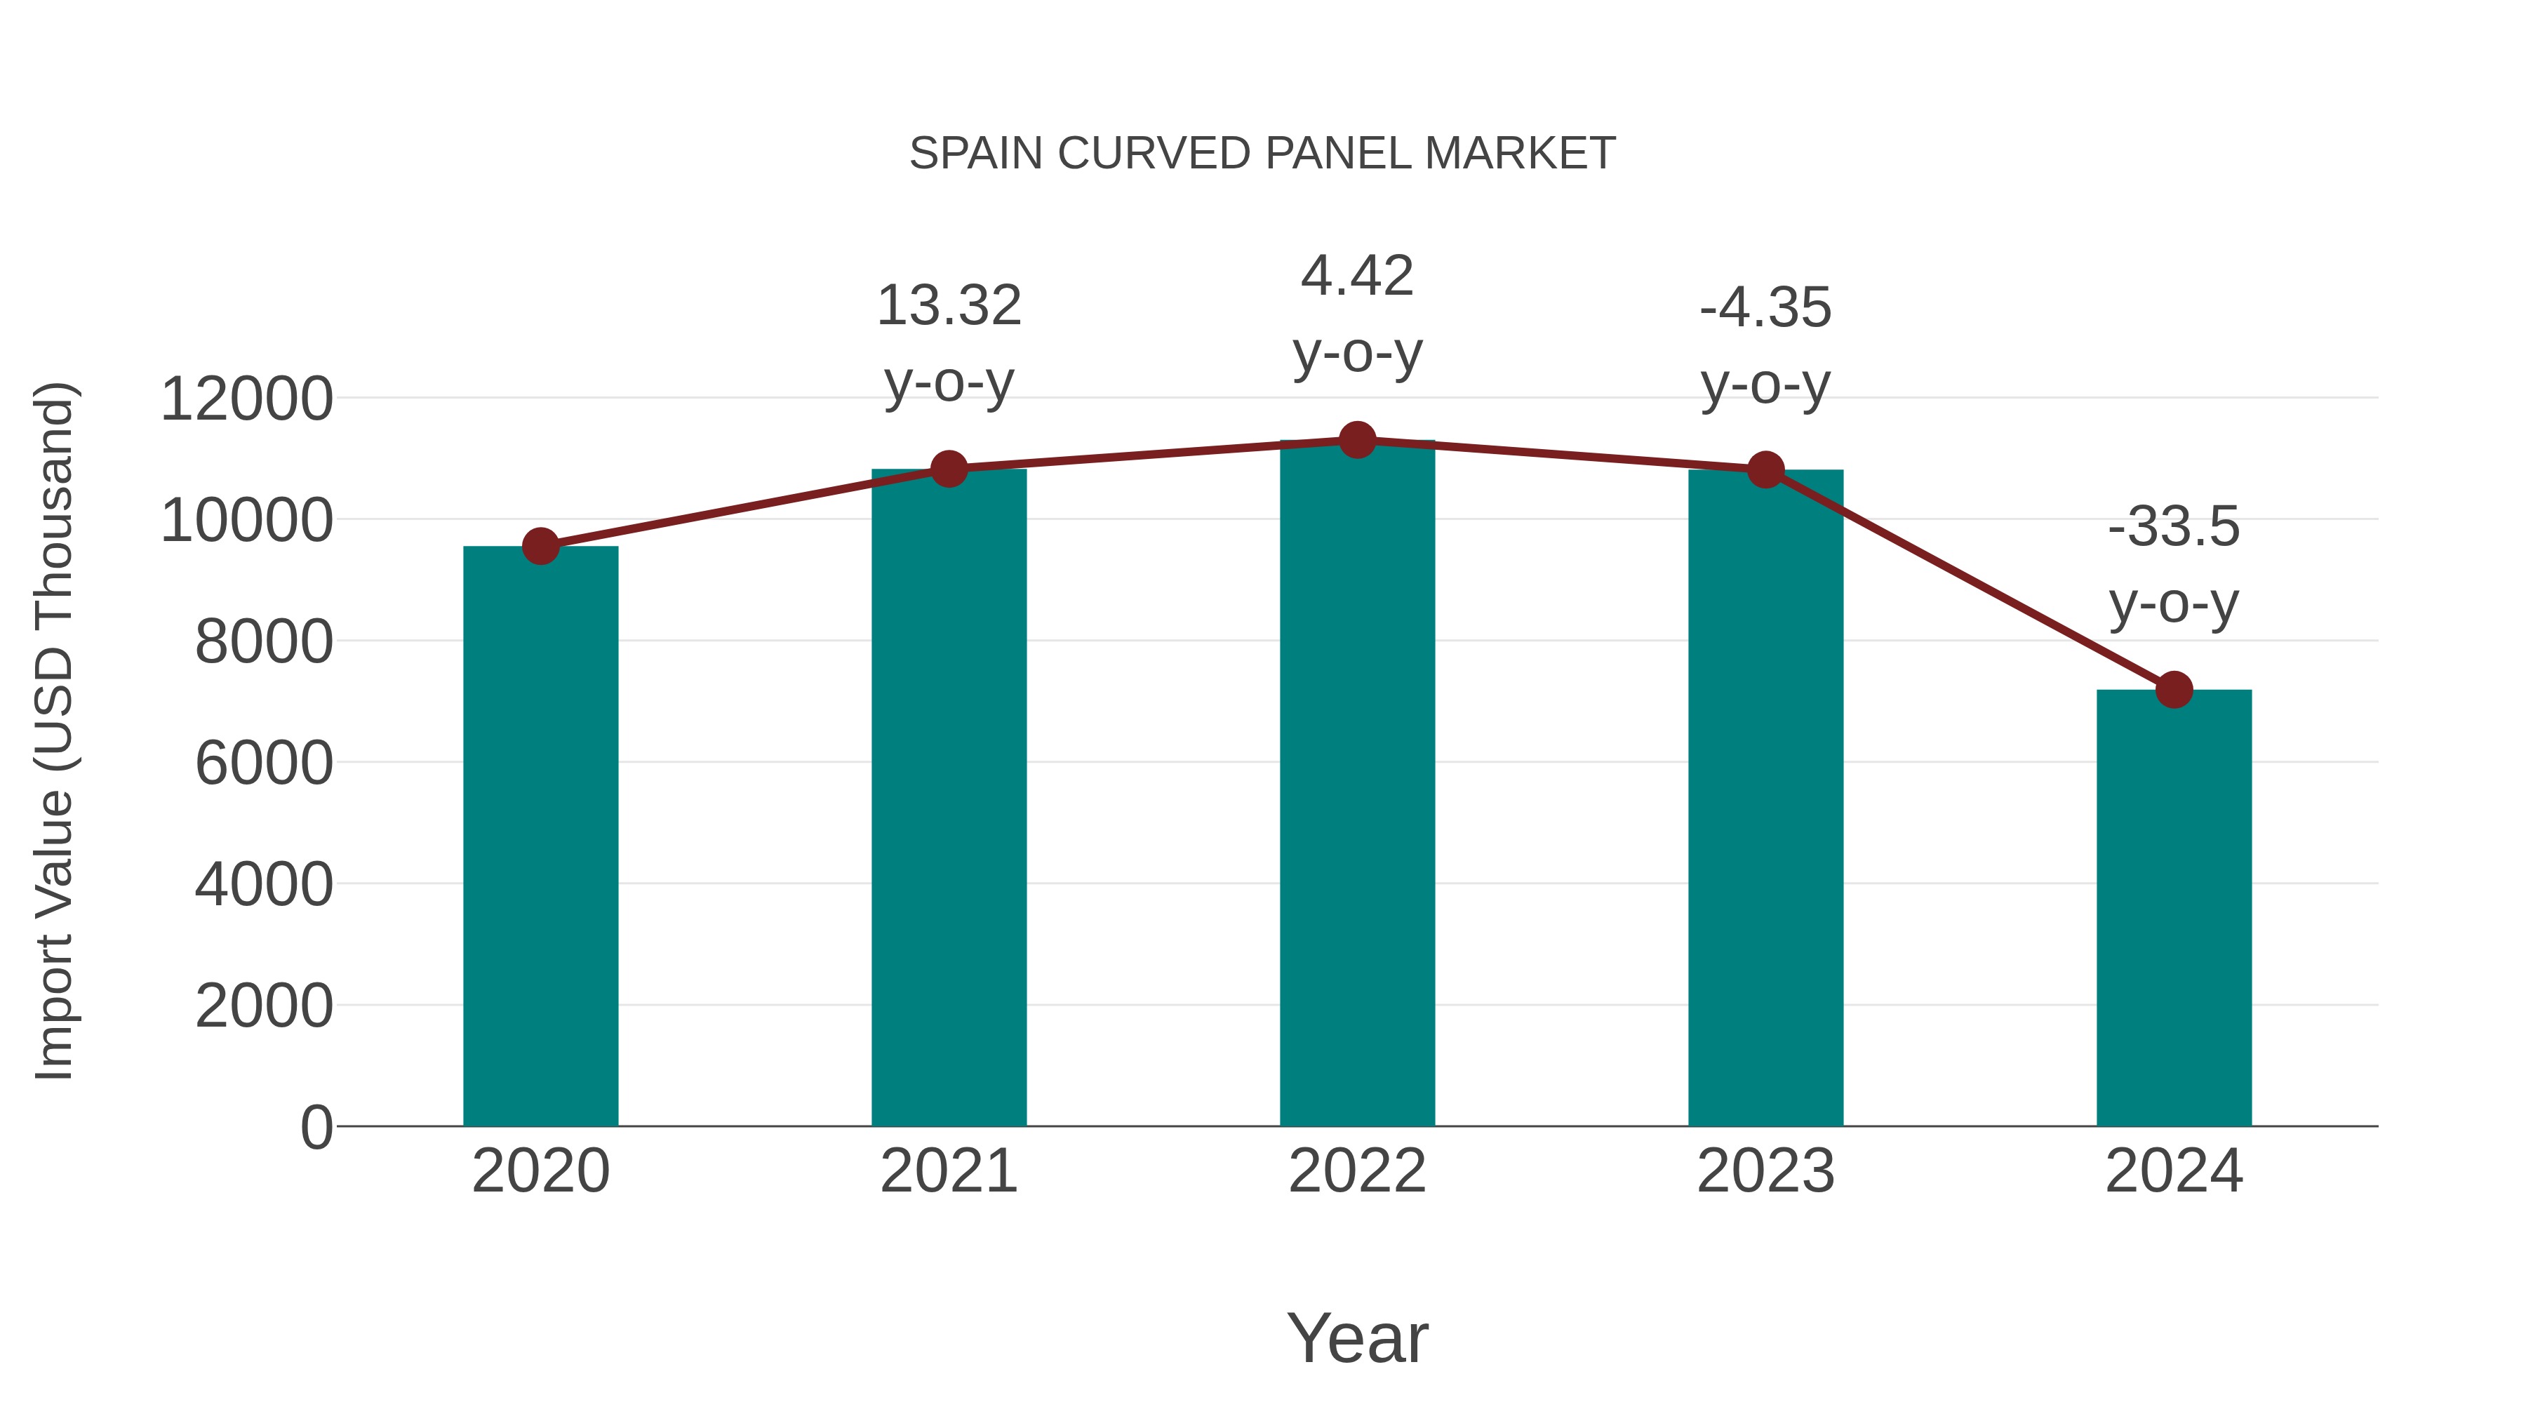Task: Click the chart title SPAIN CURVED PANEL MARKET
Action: [x=1262, y=154]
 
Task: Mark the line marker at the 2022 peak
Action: [x=1357, y=440]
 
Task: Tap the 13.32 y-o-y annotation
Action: [x=948, y=342]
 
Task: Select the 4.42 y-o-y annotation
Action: [x=1357, y=313]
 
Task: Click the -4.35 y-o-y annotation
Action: [x=1765, y=345]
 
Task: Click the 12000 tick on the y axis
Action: [x=246, y=399]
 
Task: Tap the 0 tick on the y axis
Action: [x=316, y=1127]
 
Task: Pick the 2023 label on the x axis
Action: [x=1765, y=1171]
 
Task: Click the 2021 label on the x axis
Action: [x=948, y=1171]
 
